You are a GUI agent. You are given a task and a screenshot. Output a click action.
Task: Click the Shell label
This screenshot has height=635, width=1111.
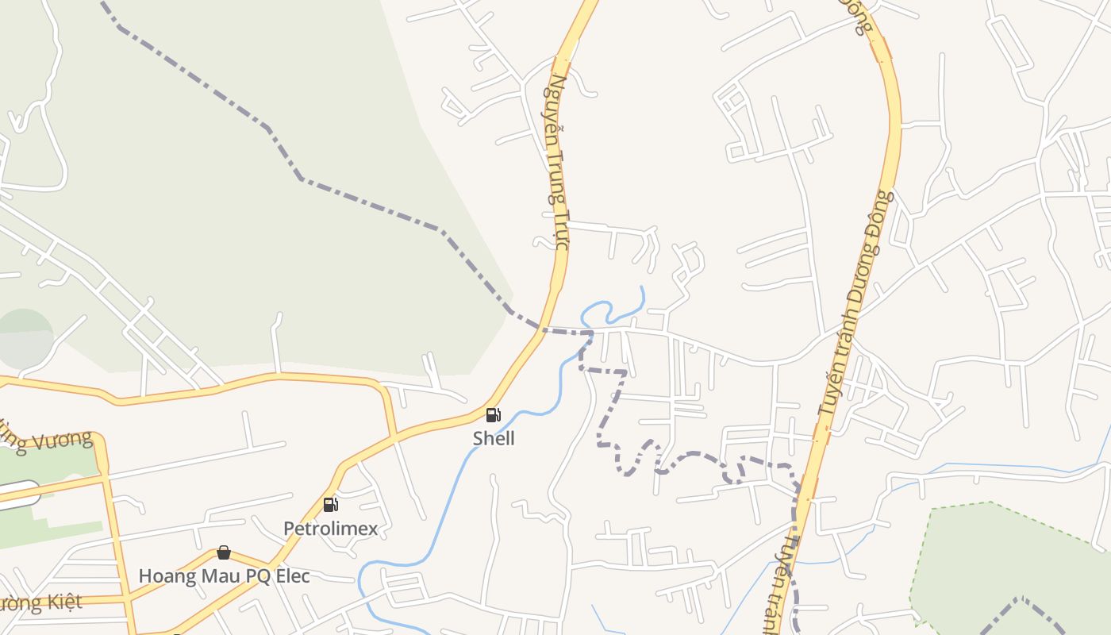coord(494,438)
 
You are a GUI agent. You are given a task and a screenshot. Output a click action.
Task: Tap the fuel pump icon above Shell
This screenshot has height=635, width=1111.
coord(494,414)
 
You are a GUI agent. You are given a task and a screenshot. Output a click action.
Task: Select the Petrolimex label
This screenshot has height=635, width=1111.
coord(330,528)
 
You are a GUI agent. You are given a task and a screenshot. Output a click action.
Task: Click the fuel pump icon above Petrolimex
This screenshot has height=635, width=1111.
coord(330,504)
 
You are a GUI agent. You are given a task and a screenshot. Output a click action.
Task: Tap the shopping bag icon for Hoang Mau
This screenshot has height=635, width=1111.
coord(224,552)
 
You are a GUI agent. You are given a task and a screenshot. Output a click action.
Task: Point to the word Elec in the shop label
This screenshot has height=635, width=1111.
coord(290,575)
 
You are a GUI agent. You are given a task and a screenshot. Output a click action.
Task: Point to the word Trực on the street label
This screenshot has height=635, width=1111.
coord(561,229)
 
